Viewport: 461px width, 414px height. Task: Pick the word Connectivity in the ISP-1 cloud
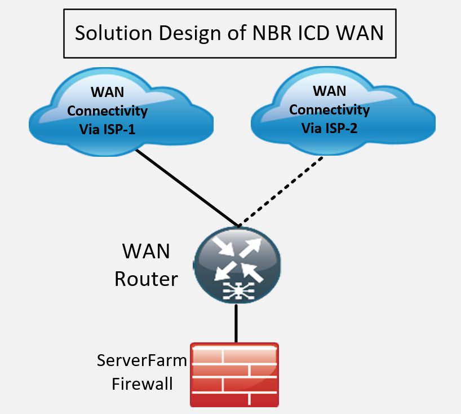point(107,111)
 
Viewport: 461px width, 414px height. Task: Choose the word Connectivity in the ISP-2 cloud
point(330,109)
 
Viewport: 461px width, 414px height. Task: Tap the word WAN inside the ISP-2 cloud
point(330,91)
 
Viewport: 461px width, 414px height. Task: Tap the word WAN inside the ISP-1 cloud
point(107,93)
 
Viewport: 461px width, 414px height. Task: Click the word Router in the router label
point(147,278)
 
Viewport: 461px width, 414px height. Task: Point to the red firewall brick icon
point(234,375)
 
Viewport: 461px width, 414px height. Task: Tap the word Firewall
point(142,385)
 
